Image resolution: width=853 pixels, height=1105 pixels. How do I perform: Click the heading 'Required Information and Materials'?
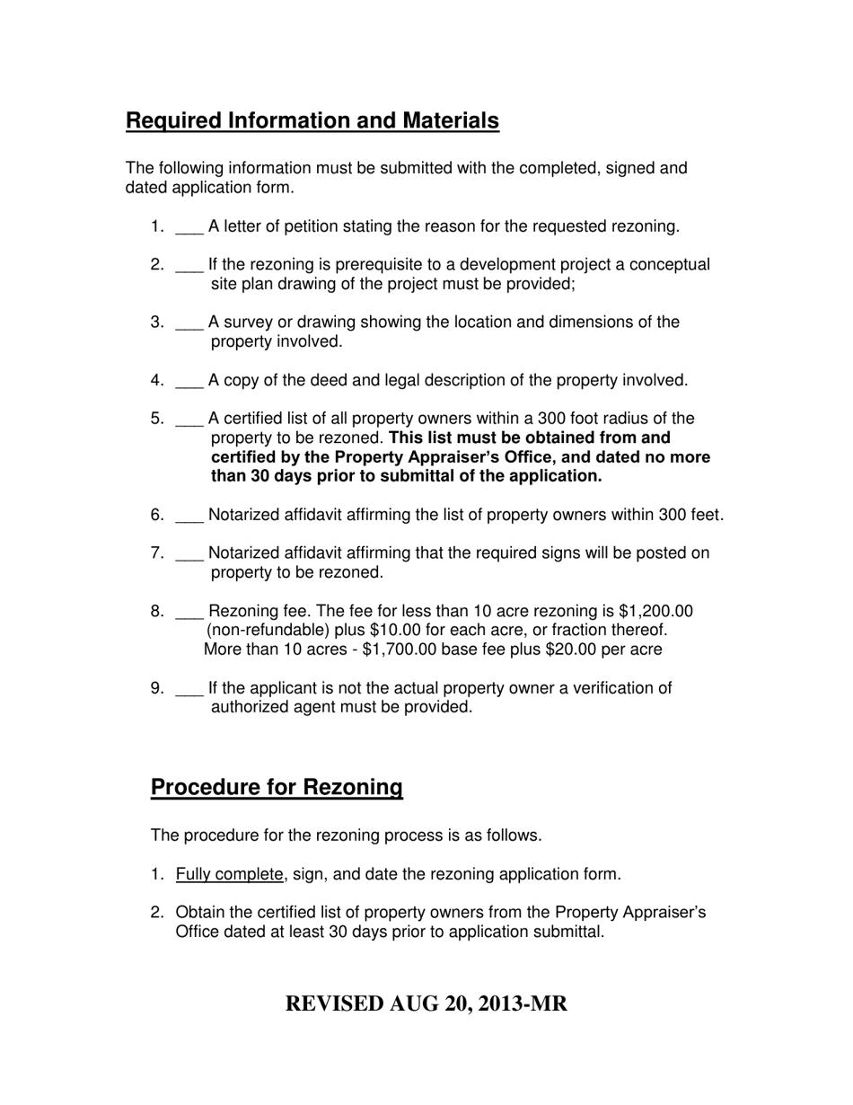pos(312,121)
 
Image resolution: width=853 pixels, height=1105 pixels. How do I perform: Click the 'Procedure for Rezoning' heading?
pos(277,788)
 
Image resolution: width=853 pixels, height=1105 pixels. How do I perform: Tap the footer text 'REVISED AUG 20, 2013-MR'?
pos(426,1003)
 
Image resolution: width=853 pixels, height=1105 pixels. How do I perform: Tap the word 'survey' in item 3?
pos(247,323)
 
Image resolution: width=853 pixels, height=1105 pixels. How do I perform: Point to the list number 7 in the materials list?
pos(156,553)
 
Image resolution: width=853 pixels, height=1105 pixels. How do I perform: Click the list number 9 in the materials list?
pos(156,689)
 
